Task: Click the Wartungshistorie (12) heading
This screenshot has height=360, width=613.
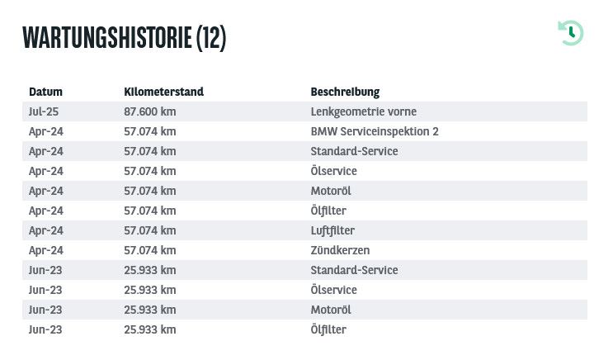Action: [x=125, y=38]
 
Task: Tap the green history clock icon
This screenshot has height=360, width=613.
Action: [x=571, y=33]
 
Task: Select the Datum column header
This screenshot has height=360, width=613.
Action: [x=45, y=92]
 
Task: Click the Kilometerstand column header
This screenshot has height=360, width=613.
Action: [x=164, y=92]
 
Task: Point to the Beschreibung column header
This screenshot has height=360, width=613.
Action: [x=345, y=92]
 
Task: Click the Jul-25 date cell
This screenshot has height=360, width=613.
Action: [x=44, y=111]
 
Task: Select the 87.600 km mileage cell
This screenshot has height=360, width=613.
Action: [x=150, y=111]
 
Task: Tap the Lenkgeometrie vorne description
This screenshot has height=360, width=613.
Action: [x=364, y=111]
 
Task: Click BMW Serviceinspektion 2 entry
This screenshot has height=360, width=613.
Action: [x=375, y=131]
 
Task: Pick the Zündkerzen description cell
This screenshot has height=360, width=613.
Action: [x=340, y=250]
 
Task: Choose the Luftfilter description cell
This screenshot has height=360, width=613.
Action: [x=332, y=230]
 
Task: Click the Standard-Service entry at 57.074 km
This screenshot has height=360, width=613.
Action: [x=354, y=151]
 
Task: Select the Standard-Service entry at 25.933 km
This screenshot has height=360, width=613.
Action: [x=354, y=270]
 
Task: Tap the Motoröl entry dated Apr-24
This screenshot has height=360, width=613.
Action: [x=331, y=191]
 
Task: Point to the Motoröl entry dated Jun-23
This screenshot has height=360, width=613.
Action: [x=331, y=310]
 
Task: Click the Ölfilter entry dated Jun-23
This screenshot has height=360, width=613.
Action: [x=328, y=329]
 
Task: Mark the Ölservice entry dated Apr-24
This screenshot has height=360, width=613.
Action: [x=334, y=171]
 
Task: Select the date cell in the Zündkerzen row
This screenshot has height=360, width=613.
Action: [x=46, y=250]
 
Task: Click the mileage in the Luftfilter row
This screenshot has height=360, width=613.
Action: [x=150, y=230]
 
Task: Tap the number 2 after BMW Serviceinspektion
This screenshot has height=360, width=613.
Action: [x=436, y=131]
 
